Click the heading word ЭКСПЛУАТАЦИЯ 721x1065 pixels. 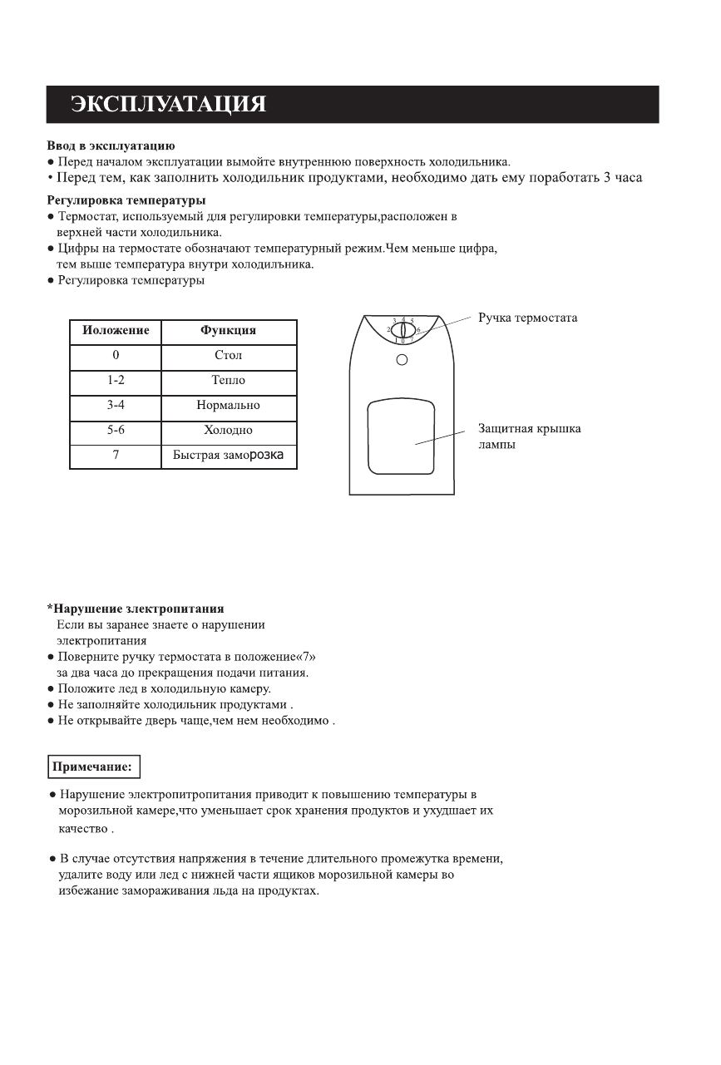coord(168,105)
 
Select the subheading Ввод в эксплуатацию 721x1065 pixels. coord(111,145)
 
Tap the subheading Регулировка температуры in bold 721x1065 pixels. coord(126,200)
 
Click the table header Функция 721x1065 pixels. coord(229,331)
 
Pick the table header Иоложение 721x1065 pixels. coord(116,331)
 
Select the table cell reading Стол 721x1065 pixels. coord(229,356)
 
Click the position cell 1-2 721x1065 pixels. coord(116,381)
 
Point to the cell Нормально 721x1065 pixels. coord(229,406)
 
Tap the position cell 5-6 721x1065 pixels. coord(116,431)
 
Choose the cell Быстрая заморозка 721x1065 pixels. coord(229,456)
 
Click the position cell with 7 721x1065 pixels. coord(116,456)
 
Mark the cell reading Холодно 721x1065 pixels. coord(229,431)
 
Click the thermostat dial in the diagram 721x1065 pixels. coord(402,330)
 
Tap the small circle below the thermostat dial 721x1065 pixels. coord(402,360)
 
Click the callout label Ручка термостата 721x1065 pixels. coord(527,318)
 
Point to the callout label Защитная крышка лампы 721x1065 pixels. coord(529,436)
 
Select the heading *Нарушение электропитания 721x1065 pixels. coord(135,609)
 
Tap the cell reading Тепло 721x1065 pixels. coord(229,381)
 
